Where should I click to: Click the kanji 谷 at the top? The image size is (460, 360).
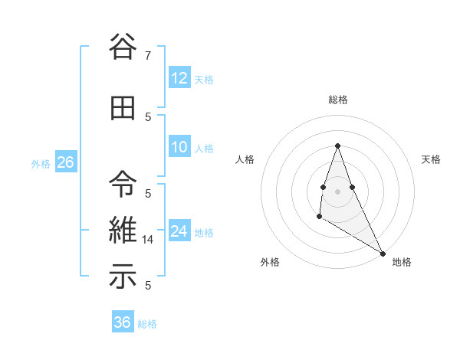123,47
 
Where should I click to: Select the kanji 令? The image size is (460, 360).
123,182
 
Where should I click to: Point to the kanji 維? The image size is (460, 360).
123,229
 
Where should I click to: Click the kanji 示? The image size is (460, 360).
123,277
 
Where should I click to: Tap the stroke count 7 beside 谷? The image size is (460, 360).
148,56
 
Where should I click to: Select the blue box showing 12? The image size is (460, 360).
179,78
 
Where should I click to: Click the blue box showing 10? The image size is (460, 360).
179,147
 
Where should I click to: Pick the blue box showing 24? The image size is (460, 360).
179,231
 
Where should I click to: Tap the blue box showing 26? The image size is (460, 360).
65,162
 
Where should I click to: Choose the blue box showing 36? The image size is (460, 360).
122,322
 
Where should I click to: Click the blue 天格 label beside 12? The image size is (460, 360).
204,80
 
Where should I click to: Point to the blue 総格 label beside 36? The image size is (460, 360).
147,324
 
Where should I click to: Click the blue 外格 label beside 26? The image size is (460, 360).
41,164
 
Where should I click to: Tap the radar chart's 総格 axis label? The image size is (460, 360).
337,100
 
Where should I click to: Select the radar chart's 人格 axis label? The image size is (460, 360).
245,159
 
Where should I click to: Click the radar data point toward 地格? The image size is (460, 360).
383,254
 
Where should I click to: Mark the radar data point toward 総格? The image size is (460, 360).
337,146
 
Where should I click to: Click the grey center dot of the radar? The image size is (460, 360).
337,191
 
